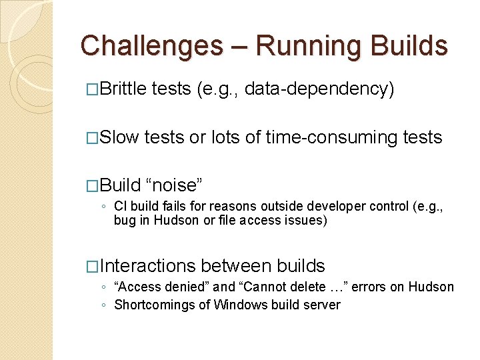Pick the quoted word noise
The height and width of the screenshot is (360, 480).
(x=174, y=185)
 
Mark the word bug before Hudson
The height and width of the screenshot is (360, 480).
(x=125, y=220)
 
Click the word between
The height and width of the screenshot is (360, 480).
(x=234, y=265)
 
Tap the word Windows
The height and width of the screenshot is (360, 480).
(x=238, y=305)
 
